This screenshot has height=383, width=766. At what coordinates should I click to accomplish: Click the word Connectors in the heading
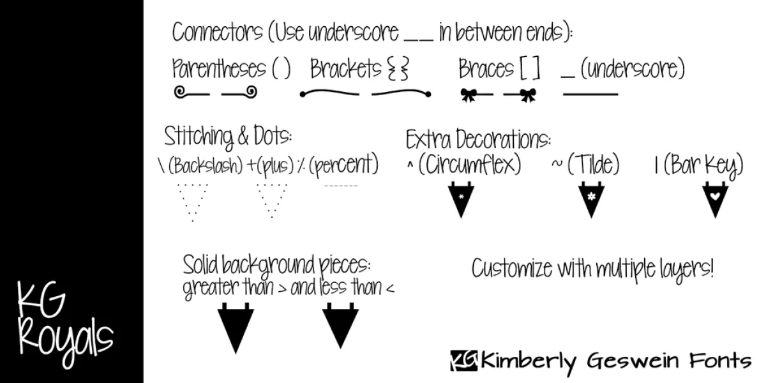pos(218,32)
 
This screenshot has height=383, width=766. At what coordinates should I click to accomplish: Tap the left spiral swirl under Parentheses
pos(180,92)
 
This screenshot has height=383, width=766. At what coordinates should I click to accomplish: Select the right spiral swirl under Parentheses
pos(252,92)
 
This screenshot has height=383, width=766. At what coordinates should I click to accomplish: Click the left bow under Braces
pos(469,95)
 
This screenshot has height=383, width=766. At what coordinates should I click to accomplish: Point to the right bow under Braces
pos(528,95)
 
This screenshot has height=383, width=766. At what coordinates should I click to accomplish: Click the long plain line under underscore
pos(590,94)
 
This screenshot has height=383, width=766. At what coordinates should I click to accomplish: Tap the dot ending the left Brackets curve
pos(303,94)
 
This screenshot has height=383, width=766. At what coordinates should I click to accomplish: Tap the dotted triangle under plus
pos(272,200)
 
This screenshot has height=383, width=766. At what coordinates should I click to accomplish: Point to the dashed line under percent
pos(341,186)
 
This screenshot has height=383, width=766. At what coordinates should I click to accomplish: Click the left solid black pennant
pos(236,327)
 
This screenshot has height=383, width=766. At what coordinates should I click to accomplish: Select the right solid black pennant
pos(340,326)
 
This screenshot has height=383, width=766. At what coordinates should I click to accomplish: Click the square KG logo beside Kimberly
pos(463,361)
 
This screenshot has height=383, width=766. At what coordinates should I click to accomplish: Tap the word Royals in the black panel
pos(66,343)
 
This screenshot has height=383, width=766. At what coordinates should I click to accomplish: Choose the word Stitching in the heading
pos(199,137)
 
